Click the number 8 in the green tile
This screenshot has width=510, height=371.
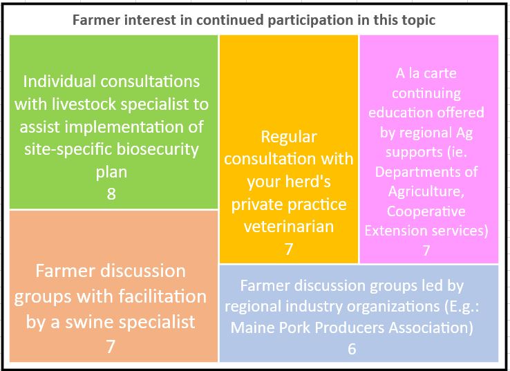[111, 194]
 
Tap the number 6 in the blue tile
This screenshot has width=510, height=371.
[352, 349]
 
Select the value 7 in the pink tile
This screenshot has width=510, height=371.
[426, 250]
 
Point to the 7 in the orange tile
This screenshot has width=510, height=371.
[111, 346]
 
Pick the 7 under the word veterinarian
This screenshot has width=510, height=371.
[288, 249]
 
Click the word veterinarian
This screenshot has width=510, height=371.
[289, 227]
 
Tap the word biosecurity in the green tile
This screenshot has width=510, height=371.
[158, 149]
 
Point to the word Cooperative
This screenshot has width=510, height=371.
[426, 211]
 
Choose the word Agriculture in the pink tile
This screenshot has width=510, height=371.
[426, 192]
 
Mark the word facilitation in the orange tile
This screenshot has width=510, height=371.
[162, 297]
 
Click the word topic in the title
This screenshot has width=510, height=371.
[419, 21]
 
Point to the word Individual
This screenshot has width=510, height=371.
[60, 82]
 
